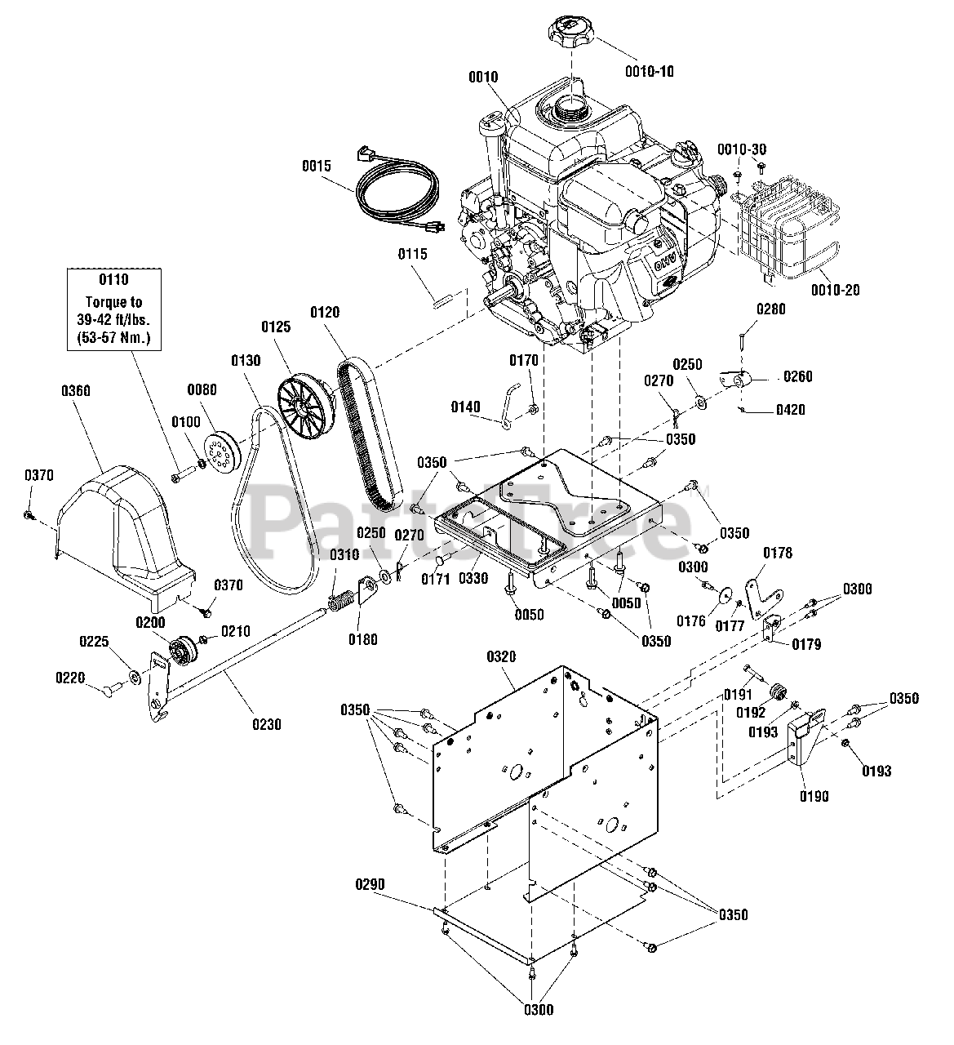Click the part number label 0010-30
[742, 149]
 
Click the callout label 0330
[473, 578]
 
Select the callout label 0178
[778, 553]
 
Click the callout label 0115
[412, 254]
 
